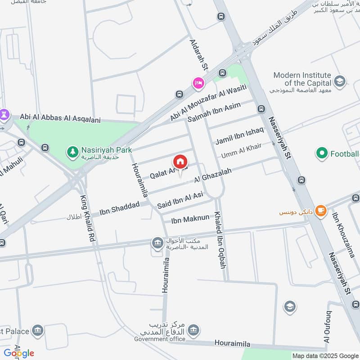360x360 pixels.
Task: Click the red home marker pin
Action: (x=180, y=162)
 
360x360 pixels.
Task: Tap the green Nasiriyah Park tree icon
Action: (x=72, y=152)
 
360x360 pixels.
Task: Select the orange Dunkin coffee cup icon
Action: (x=320, y=211)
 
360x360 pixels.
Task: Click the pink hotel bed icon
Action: (x=198, y=83)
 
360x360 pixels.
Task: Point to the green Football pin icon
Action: (x=322, y=154)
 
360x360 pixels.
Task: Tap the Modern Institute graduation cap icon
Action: (x=340, y=81)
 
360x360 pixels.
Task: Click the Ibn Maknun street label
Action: (x=190, y=219)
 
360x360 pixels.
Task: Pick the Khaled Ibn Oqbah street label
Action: (x=220, y=239)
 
